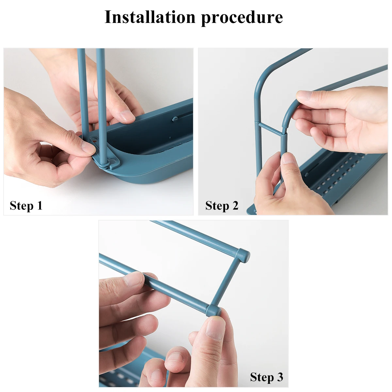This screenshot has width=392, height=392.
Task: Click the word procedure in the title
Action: [242, 18]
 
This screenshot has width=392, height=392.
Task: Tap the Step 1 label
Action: [26, 206]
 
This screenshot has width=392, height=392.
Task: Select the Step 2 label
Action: [222, 206]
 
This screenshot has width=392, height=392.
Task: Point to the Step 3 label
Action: [267, 377]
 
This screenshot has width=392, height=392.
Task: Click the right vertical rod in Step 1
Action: [101, 98]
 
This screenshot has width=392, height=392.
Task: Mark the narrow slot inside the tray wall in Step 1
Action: [183, 116]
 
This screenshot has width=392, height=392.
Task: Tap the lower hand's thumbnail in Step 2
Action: [288, 158]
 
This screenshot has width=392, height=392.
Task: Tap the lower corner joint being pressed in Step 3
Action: [213, 310]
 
